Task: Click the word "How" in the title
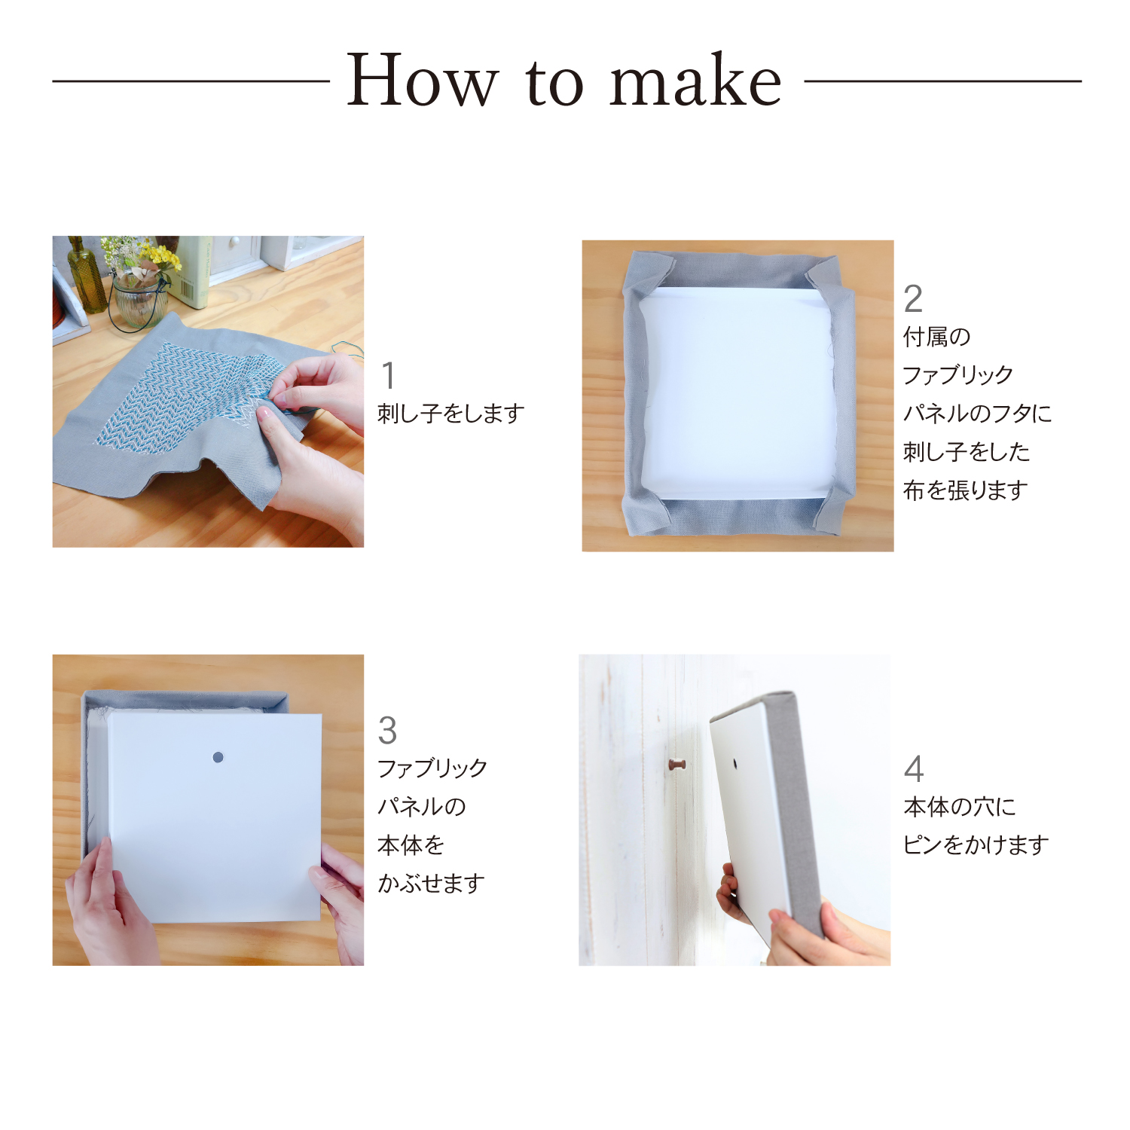[x=423, y=80]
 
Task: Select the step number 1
[x=388, y=375]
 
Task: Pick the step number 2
[x=913, y=299]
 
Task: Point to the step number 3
[x=387, y=730]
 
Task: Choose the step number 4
[x=914, y=768]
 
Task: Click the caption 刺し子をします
[x=450, y=413]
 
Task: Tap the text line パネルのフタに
[x=977, y=413]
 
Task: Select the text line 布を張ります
[x=966, y=490]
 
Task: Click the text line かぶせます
[x=431, y=883]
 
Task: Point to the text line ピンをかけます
[x=976, y=845]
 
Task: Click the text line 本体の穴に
[x=960, y=807]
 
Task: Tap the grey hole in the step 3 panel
[x=218, y=757]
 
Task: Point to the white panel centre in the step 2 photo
[x=738, y=392]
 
